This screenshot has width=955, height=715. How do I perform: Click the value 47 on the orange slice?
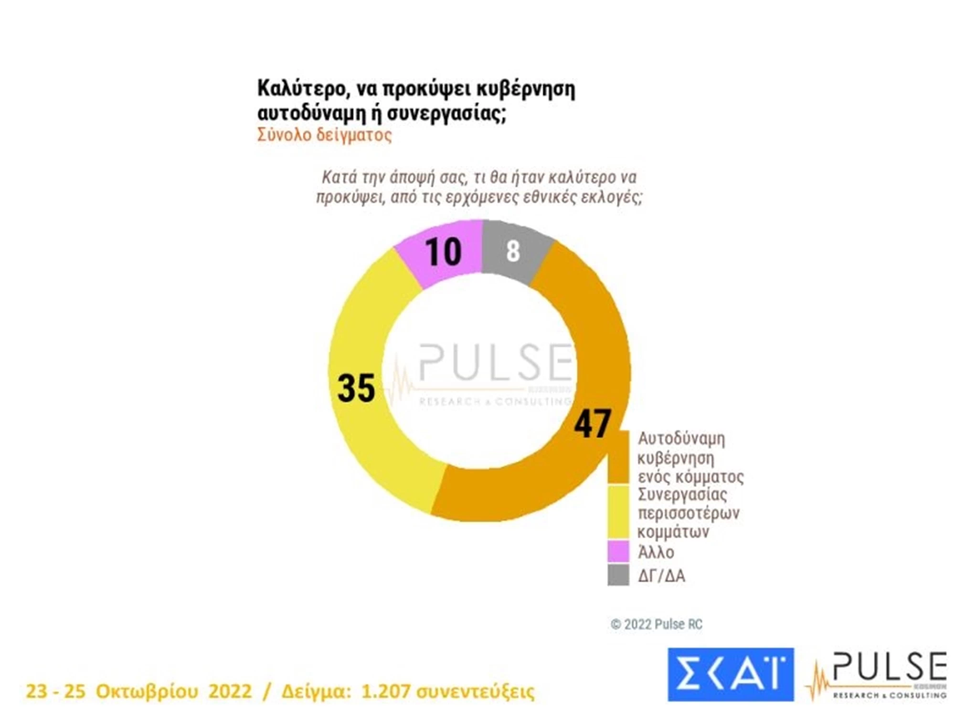[592, 423]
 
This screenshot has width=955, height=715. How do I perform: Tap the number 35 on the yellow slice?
[356, 388]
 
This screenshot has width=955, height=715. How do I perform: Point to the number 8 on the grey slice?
[513, 251]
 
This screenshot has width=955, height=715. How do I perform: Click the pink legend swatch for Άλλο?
[618, 551]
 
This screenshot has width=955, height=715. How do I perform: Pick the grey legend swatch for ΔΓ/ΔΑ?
[618, 575]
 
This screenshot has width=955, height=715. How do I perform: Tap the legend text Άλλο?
[656, 552]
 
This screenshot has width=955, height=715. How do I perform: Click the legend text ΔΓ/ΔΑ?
[661, 576]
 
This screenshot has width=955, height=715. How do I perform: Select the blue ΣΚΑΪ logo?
[730, 674]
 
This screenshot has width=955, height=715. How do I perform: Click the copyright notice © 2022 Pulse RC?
[656, 624]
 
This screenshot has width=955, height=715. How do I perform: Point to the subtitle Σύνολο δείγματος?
[324, 135]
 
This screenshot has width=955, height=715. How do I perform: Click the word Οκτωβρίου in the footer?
[147, 691]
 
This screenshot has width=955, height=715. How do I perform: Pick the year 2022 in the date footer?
[230, 691]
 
